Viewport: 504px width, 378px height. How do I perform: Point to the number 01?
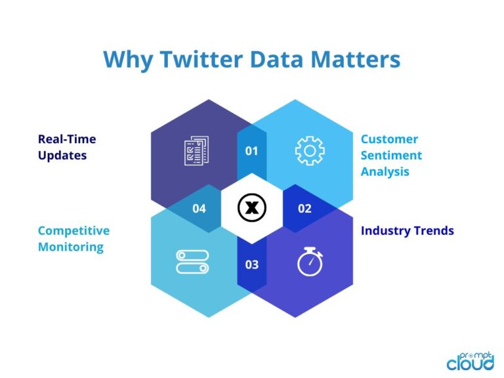[x=252, y=151]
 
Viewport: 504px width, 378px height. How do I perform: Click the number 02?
[x=304, y=209]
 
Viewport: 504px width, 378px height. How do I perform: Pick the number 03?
[x=252, y=265]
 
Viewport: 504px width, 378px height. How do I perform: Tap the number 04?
[x=199, y=209]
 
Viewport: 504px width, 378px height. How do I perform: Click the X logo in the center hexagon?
[x=251, y=209]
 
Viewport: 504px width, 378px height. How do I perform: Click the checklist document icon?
[x=196, y=150]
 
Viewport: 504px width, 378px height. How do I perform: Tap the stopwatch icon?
[x=310, y=261]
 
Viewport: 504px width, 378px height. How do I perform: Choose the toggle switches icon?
[x=192, y=261]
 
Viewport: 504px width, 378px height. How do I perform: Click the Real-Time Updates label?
[x=67, y=147]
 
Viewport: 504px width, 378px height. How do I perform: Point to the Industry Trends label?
[x=408, y=230]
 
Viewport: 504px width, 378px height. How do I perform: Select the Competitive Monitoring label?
[x=73, y=239]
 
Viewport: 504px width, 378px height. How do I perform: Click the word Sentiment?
[x=391, y=156]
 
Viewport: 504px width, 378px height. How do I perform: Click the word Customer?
[x=389, y=139]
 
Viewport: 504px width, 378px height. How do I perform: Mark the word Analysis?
[x=385, y=172]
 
